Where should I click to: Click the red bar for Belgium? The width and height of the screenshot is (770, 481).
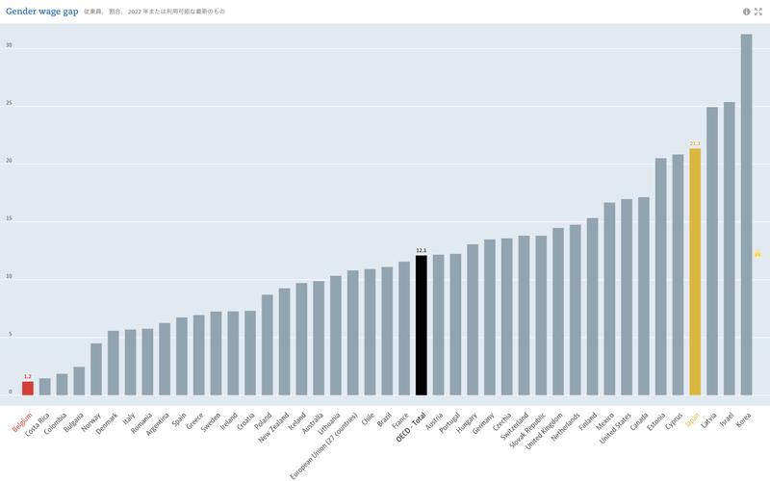(28, 388)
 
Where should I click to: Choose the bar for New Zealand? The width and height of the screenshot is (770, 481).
(284, 342)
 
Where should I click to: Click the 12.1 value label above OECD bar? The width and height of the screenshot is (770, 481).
(421, 250)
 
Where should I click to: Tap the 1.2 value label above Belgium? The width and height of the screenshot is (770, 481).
(28, 376)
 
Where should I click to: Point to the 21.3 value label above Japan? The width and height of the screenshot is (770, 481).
(695, 143)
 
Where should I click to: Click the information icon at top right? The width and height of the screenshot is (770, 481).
(746, 12)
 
